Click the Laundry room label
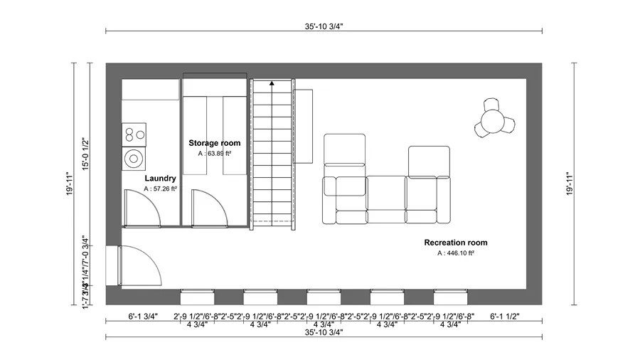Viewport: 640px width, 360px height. [x=160, y=178]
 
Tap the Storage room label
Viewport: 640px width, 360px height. [x=214, y=143]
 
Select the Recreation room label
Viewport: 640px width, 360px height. [x=456, y=243]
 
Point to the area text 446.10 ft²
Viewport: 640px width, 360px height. [x=456, y=253]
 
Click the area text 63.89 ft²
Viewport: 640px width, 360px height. [x=215, y=153]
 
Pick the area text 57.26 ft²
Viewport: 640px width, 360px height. [x=160, y=189]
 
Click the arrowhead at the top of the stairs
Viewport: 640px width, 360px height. [x=272, y=84]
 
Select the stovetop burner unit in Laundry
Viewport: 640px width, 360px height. [x=133, y=133]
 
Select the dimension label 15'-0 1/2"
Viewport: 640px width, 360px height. [x=85, y=154]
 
